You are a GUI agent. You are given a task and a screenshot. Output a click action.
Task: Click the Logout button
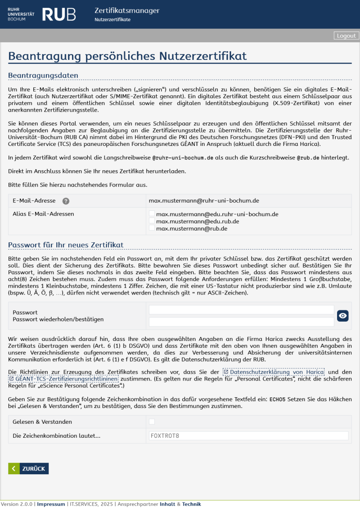[346, 36]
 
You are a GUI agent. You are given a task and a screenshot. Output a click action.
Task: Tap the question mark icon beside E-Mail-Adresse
[66, 201]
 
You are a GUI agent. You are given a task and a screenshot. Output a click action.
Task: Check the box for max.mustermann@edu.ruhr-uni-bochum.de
[152, 214]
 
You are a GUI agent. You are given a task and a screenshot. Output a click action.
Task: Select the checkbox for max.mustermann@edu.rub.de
[152, 221]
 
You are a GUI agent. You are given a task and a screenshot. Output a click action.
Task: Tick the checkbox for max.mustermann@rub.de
[152, 228]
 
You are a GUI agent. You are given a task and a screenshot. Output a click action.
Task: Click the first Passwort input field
[241, 310]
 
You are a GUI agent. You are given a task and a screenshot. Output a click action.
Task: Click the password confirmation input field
[241, 322]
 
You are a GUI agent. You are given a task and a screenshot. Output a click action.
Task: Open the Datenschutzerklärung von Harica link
[274, 372]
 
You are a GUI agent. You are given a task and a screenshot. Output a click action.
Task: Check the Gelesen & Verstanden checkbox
[152, 422]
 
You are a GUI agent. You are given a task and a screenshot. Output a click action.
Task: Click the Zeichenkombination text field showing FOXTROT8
[248, 436]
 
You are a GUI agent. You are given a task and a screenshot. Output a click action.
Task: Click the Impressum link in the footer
[51, 504]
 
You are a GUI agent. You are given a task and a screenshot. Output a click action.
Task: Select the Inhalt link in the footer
[167, 504]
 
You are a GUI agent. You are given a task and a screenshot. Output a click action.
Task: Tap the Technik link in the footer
[191, 504]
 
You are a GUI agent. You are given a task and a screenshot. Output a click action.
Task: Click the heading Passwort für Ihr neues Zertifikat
[66, 245]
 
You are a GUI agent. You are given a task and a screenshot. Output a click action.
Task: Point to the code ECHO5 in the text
[277, 399]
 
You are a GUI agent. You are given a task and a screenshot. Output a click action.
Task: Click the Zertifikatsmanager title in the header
[127, 11]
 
